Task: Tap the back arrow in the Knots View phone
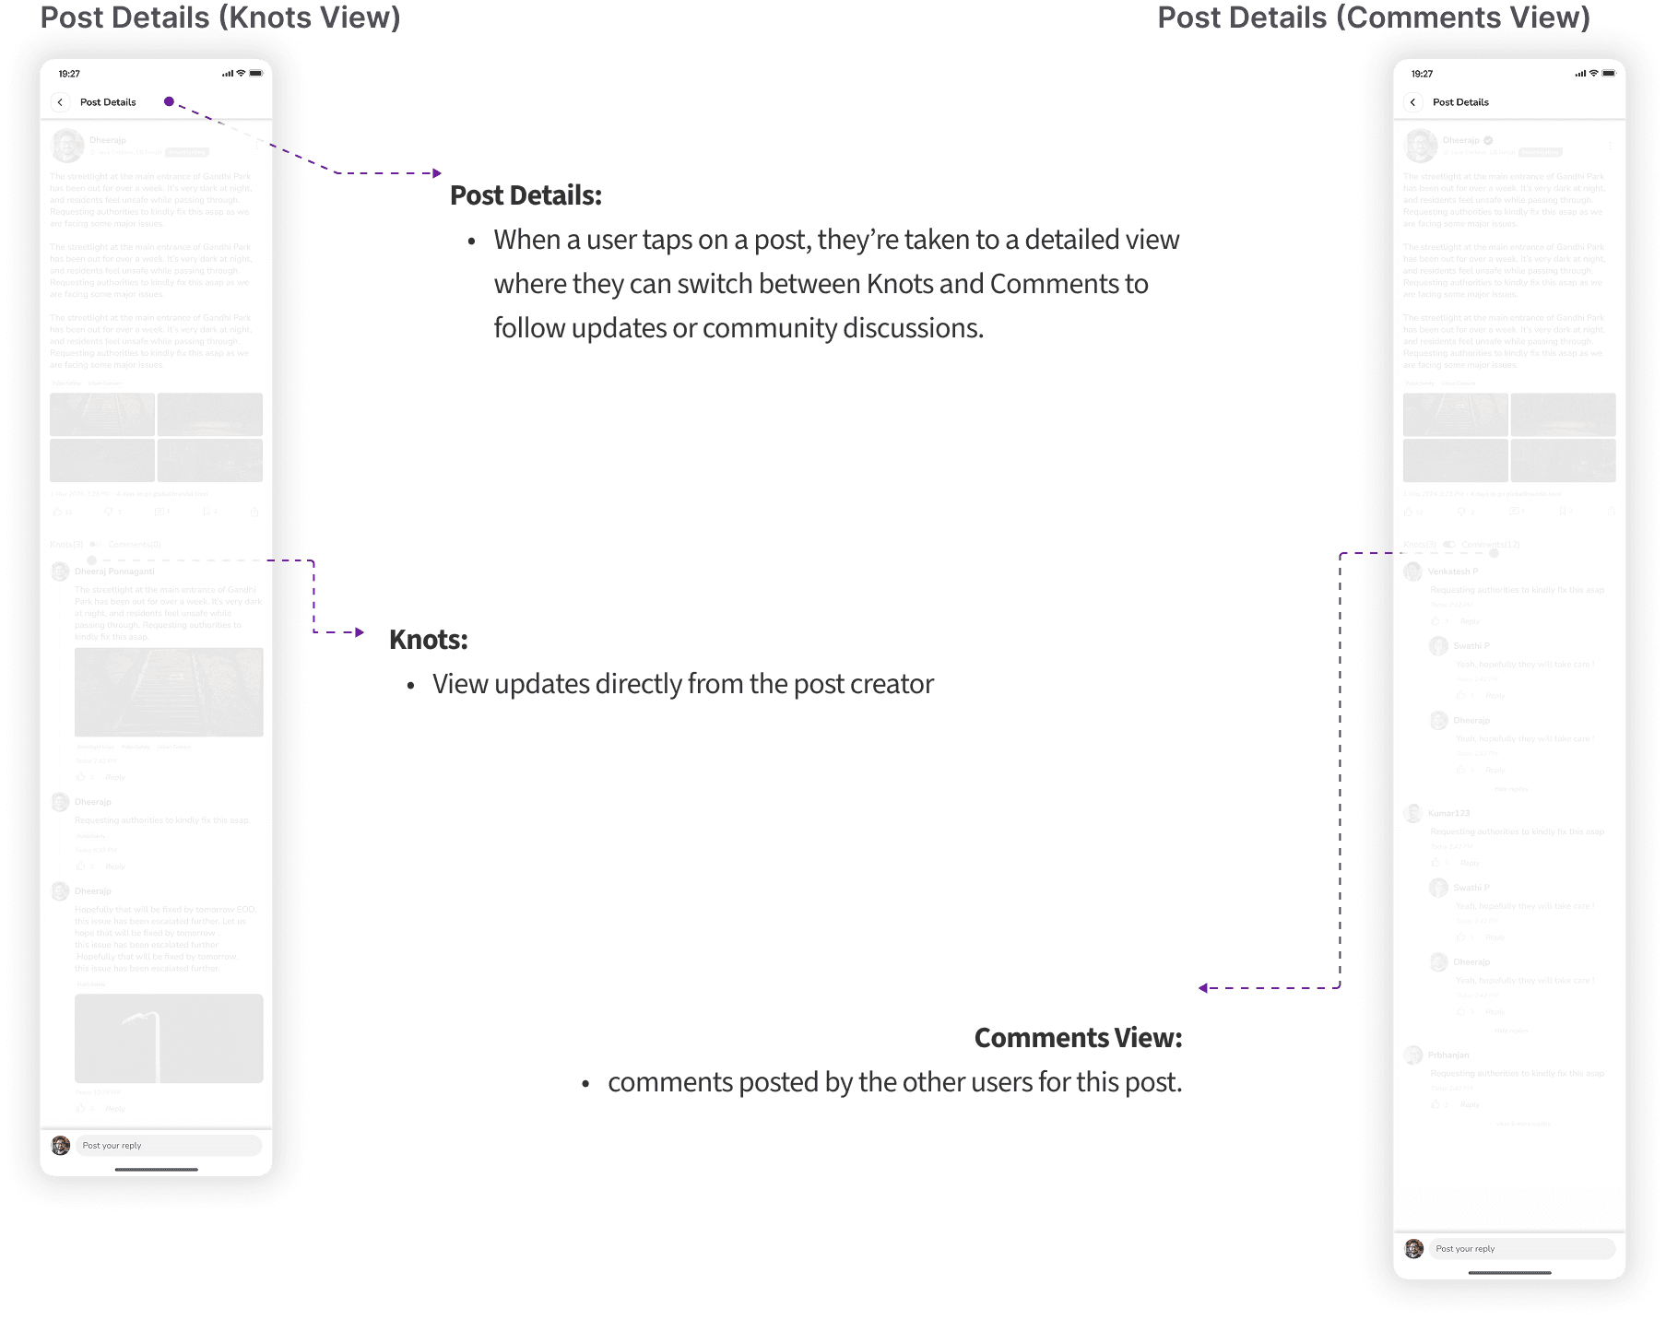[x=60, y=102]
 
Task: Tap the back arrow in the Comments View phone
[x=1412, y=102]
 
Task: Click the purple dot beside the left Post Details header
[x=169, y=101]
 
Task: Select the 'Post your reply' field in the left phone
[x=168, y=1146]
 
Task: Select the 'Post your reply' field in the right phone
[x=1521, y=1249]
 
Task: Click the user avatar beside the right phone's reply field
[x=1414, y=1249]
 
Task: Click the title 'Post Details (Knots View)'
[x=220, y=18]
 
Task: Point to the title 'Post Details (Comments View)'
[x=1373, y=18]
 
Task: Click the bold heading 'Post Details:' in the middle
[x=526, y=195]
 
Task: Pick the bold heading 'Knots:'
[x=428, y=640]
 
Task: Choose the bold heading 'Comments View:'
[x=1078, y=1038]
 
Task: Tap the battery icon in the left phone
[x=255, y=74]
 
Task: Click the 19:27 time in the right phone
[x=1422, y=74]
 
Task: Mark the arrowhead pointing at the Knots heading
[x=360, y=632]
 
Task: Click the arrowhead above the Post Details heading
[x=437, y=173]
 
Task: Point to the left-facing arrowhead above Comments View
[x=1203, y=988]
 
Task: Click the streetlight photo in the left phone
[x=169, y=1038]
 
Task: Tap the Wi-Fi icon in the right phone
[x=1593, y=74]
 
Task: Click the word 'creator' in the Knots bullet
[x=892, y=685]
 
